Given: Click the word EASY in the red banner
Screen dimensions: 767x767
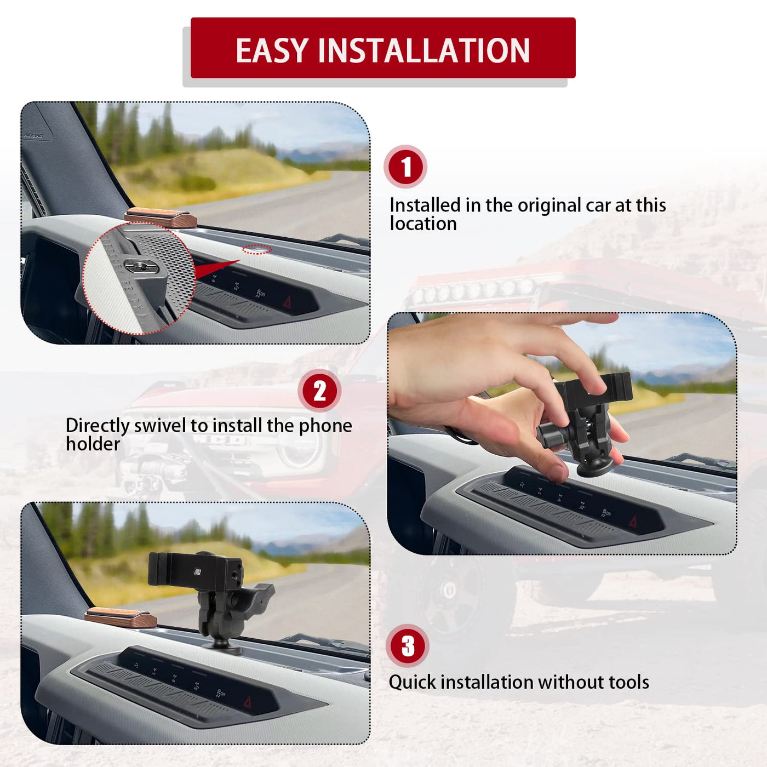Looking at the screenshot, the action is [272, 50].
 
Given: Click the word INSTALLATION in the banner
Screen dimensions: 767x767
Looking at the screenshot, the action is [424, 50].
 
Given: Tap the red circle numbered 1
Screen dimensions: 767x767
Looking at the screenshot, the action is [405, 167].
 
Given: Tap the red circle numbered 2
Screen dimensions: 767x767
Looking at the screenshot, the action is [319, 391].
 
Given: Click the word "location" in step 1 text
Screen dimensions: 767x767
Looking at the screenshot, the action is [423, 224].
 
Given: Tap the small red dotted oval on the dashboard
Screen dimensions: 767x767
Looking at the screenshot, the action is [257, 250].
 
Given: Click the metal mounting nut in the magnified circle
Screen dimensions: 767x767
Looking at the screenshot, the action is [141, 266].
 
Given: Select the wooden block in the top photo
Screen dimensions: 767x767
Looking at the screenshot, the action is [161, 217].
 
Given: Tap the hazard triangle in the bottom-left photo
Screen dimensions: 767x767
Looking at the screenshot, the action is [247, 702].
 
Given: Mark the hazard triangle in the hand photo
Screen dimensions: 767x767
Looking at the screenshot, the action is [633, 521].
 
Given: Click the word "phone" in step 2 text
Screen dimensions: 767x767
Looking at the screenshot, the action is [325, 426].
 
